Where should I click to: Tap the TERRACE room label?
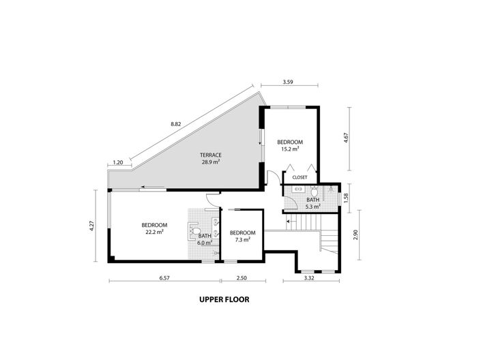210,155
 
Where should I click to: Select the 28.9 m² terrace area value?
210,162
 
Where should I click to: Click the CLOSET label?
300,177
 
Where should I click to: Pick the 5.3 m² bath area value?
313,205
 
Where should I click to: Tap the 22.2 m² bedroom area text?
154,232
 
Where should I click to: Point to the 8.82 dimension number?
176,124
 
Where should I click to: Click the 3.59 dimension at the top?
288,82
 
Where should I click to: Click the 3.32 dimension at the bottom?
309,278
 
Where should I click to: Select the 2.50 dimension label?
242,278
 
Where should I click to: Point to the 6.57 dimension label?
164,278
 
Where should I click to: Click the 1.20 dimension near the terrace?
117,162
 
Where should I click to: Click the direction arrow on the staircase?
289,221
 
